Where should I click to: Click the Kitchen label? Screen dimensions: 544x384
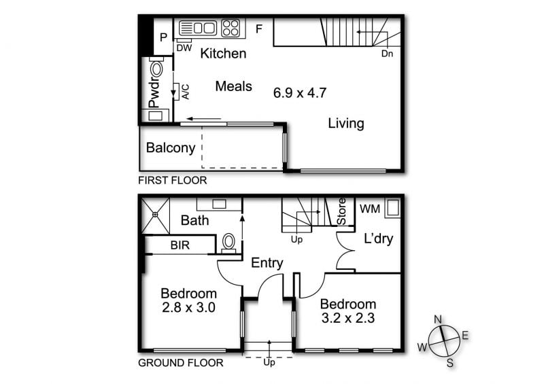(224, 54)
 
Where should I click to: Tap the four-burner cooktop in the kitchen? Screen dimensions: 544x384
(231, 28)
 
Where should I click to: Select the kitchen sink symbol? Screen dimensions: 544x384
(198, 28)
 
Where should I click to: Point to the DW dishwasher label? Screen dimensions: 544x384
(184, 48)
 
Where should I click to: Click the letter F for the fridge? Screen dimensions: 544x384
(259, 29)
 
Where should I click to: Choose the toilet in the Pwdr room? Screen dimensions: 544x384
(156, 68)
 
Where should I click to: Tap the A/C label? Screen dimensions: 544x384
(186, 92)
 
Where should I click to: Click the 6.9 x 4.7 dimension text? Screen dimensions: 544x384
(300, 93)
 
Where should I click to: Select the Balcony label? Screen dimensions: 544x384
(171, 147)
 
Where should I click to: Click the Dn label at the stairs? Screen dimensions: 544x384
(387, 54)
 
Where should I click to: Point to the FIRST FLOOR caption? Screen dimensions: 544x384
(173, 180)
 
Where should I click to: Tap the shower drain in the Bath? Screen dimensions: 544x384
(155, 215)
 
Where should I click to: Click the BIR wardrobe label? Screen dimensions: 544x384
(180, 245)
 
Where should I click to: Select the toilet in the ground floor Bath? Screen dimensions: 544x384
(228, 243)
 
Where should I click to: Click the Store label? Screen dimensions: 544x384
(342, 211)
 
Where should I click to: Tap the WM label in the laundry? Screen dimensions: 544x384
(370, 209)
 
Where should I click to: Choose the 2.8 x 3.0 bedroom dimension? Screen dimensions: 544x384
(189, 307)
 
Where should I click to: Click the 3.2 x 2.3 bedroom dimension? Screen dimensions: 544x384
(348, 318)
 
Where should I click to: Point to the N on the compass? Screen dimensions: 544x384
(438, 319)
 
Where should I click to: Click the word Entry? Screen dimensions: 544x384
(267, 263)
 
